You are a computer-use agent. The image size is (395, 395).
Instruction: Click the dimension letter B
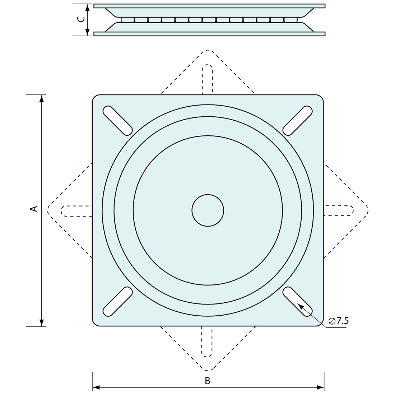[207, 381]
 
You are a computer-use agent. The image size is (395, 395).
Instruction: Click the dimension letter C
[82, 19]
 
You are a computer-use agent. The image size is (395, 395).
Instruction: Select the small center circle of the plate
[208, 210]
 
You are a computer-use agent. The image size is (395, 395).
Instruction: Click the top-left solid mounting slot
[118, 121]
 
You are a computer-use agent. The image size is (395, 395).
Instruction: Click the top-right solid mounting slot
[298, 121]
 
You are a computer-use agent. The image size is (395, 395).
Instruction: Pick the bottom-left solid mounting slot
[118, 302]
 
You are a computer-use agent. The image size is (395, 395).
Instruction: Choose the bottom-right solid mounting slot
[298, 302]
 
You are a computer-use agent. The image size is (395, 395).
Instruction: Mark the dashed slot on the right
[338, 210]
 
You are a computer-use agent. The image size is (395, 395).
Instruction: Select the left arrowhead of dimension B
[96, 387]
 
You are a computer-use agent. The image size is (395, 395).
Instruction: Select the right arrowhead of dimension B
[321, 387]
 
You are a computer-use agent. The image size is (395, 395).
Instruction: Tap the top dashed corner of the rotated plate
[208, 51]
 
